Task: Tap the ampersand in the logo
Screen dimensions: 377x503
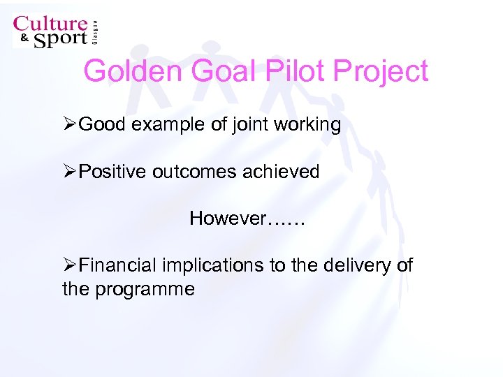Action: (23, 39)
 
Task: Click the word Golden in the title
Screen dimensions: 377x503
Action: (130, 71)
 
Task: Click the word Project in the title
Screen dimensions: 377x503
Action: (381, 71)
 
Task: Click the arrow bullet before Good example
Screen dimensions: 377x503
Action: (69, 125)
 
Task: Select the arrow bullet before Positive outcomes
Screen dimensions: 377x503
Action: (69, 172)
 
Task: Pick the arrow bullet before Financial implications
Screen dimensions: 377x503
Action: (69, 265)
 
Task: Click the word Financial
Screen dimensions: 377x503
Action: (118, 265)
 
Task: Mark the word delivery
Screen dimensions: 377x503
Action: (356, 265)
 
